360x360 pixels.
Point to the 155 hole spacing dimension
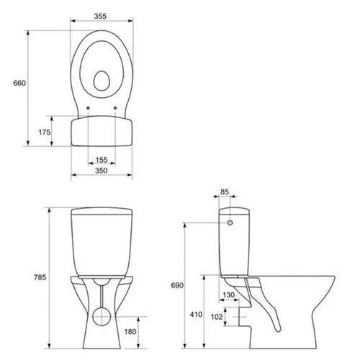coord(101,160)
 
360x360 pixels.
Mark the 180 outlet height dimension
coord(130,331)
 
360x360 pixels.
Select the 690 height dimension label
coord(178,286)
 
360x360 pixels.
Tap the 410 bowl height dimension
coord(196,315)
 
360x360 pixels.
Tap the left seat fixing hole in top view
coord(87,110)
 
